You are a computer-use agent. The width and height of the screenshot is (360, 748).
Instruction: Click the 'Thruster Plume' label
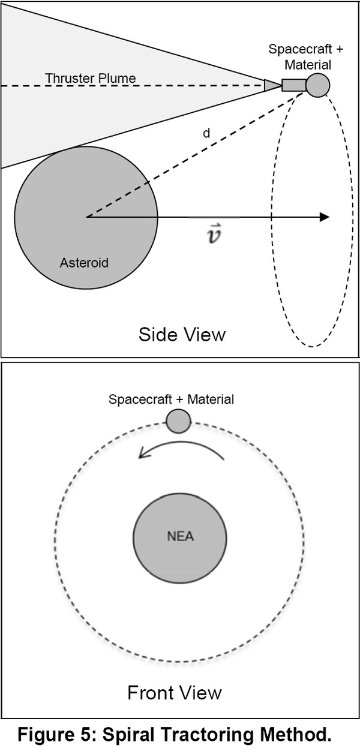coord(91,78)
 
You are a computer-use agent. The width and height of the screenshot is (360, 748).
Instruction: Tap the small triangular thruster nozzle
coord(272,85)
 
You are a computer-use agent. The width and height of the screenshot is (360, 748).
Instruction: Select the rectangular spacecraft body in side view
coord(294,85)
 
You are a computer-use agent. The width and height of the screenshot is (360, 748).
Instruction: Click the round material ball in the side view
coord(317,85)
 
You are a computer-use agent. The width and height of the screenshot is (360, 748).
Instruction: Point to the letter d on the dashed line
coord(207,133)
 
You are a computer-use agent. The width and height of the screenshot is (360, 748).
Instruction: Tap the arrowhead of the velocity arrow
coord(325,217)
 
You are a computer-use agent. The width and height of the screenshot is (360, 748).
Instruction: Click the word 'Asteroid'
coord(84,263)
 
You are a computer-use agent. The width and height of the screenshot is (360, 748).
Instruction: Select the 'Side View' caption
coord(182,334)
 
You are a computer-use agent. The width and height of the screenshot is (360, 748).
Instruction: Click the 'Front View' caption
coord(175,693)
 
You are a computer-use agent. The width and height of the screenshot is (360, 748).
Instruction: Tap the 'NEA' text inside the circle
coord(181,536)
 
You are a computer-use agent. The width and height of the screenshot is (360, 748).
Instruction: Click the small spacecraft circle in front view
coord(179,421)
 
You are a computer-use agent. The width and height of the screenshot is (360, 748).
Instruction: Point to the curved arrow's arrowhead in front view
coord(143,453)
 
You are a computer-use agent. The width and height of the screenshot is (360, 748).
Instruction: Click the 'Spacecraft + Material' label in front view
coord(172,399)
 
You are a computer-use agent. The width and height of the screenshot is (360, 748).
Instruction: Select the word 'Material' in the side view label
coord(308,65)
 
